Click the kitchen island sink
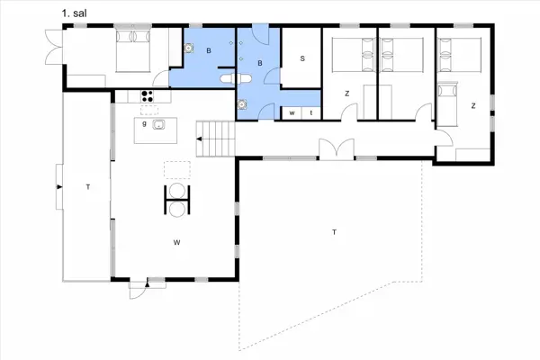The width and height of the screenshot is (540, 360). click(x=159, y=125)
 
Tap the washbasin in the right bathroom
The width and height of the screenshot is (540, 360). click(x=243, y=103)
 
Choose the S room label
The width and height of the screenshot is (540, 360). click(x=301, y=58)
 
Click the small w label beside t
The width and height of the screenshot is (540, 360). click(x=293, y=112)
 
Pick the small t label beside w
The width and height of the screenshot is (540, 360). click(x=310, y=112)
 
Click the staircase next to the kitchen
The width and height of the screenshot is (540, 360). click(x=216, y=139)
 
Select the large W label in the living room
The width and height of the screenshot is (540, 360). click(x=178, y=241)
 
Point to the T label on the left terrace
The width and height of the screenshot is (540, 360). click(x=87, y=186)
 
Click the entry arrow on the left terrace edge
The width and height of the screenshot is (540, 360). click(x=59, y=186)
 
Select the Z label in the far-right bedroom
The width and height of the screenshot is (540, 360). click(x=472, y=105)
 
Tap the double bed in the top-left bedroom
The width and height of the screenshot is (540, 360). click(x=131, y=52)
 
